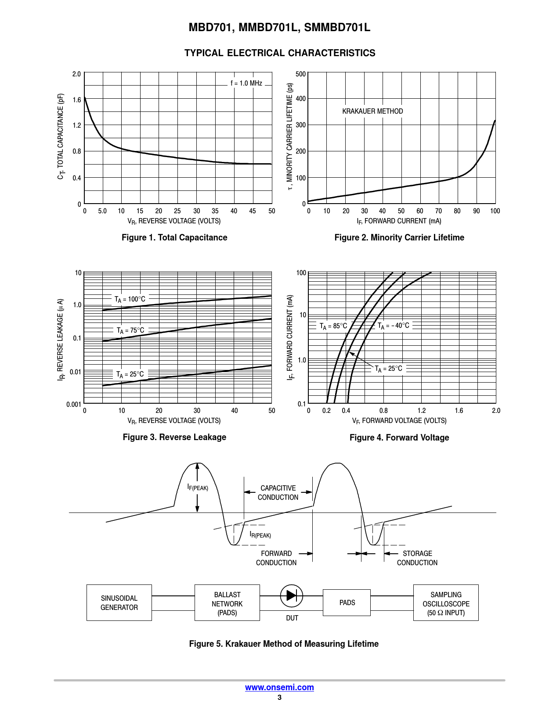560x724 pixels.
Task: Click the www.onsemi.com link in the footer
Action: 279,688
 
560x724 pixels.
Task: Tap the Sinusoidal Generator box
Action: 119,602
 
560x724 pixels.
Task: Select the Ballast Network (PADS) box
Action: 227,603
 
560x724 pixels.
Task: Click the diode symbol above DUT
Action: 292,595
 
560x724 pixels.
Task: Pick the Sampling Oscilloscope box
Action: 446,603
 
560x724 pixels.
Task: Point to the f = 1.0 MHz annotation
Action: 246,83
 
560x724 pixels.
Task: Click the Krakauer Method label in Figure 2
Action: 372,111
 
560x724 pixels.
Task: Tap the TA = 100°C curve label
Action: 130,299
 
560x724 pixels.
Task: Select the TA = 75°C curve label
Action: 130,330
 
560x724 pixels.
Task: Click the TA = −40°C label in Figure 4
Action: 394,326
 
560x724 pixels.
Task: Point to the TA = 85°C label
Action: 333,326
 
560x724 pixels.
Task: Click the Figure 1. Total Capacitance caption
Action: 174,237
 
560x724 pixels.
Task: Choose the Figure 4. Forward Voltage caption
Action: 399,437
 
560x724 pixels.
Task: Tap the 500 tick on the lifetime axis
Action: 301,74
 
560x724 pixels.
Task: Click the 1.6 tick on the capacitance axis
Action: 77,100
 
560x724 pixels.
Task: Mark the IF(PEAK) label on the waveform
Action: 198,487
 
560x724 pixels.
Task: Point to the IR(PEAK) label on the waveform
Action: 260,535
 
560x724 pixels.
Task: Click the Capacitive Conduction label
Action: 278,493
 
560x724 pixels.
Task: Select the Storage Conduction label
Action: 417,558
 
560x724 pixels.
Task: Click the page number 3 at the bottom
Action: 279,698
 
